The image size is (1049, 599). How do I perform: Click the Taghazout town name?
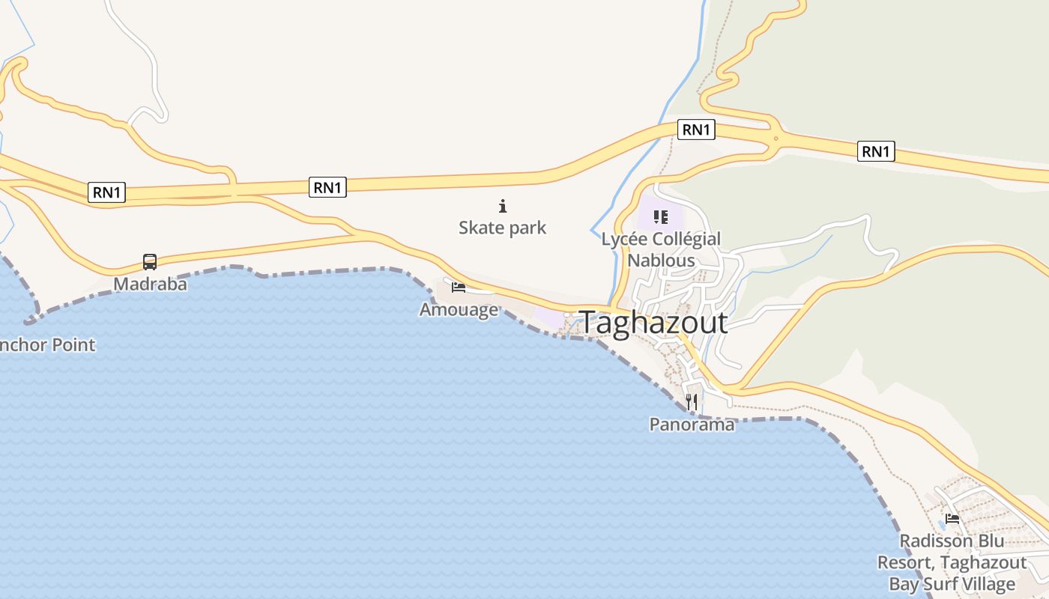point(653,323)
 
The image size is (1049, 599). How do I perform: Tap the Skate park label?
point(502,228)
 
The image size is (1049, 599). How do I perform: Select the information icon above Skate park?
point(503,206)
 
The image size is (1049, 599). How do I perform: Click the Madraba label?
point(150,285)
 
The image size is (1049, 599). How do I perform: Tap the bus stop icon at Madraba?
point(150,262)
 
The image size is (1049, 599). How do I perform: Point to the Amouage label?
point(459,309)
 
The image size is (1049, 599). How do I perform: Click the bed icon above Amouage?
point(459,287)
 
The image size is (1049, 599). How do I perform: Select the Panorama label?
point(692,425)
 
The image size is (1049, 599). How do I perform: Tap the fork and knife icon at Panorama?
point(692,402)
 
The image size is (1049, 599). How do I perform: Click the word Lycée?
point(625,240)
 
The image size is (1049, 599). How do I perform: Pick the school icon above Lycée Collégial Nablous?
point(660,217)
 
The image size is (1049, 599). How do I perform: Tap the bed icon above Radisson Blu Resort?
point(952,518)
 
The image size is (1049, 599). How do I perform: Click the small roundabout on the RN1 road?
point(776,138)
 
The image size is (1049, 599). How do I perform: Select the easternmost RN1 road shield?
point(876,152)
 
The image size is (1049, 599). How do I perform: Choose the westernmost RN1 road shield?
point(106,192)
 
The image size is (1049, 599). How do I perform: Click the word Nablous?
point(661,261)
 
